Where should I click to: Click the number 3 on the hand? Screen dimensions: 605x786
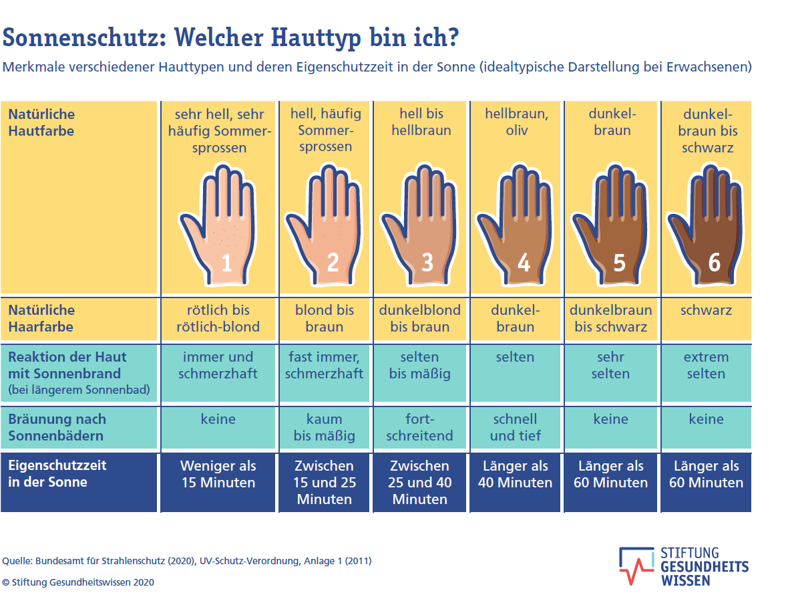(427, 262)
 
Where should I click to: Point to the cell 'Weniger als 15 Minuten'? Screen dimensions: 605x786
(218, 474)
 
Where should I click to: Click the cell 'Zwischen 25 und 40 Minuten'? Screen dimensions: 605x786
(420, 482)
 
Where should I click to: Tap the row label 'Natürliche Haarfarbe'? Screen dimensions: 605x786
(41, 318)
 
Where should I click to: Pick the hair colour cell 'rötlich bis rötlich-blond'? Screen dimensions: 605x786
(218, 318)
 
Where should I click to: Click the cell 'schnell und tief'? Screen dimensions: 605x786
(515, 427)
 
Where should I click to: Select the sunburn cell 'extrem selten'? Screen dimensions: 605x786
(706, 365)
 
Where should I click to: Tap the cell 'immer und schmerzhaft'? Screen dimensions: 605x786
(218, 365)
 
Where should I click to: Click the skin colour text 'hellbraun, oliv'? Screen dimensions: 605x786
(516, 122)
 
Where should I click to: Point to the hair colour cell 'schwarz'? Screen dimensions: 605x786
(706, 310)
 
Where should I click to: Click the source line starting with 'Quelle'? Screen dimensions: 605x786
(187, 561)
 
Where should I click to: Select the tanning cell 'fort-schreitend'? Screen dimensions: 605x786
(420, 427)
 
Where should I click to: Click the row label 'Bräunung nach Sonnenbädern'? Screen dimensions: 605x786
(57, 427)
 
